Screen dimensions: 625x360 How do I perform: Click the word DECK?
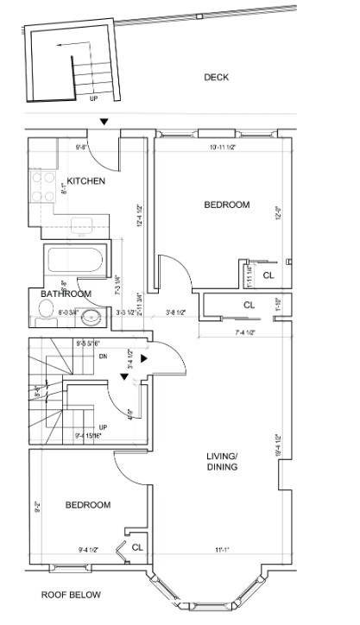click(x=215, y=77)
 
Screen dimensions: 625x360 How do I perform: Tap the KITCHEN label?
click(x=86, y=181)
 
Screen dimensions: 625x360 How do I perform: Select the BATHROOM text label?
click(x=65, y=294)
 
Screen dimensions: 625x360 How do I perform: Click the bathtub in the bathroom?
click(x=74, y=261)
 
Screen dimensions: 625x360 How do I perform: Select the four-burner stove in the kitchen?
click(x=39, y=185)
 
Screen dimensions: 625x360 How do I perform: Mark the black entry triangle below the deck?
click(x=104, y=123)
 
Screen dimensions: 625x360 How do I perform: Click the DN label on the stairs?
click(x=102, y=355)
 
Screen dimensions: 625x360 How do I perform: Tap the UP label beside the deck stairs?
click(x=94, y=98)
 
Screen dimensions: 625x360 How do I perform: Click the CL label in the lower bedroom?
click(x=137, y=546)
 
